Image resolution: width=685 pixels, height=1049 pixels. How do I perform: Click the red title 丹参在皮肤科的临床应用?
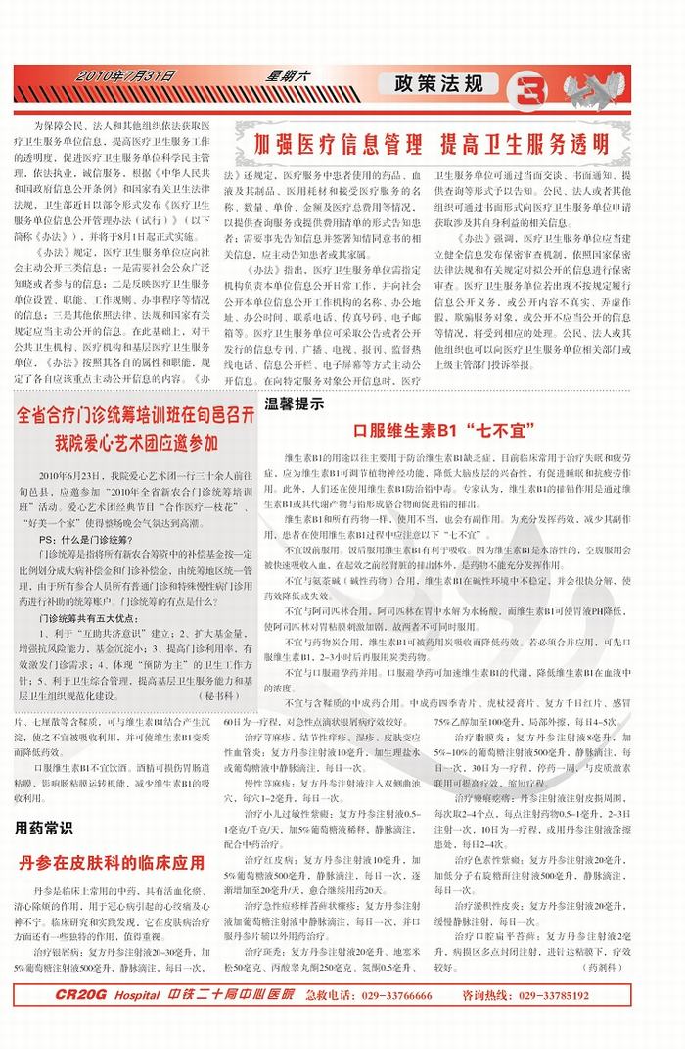(112, 862)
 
